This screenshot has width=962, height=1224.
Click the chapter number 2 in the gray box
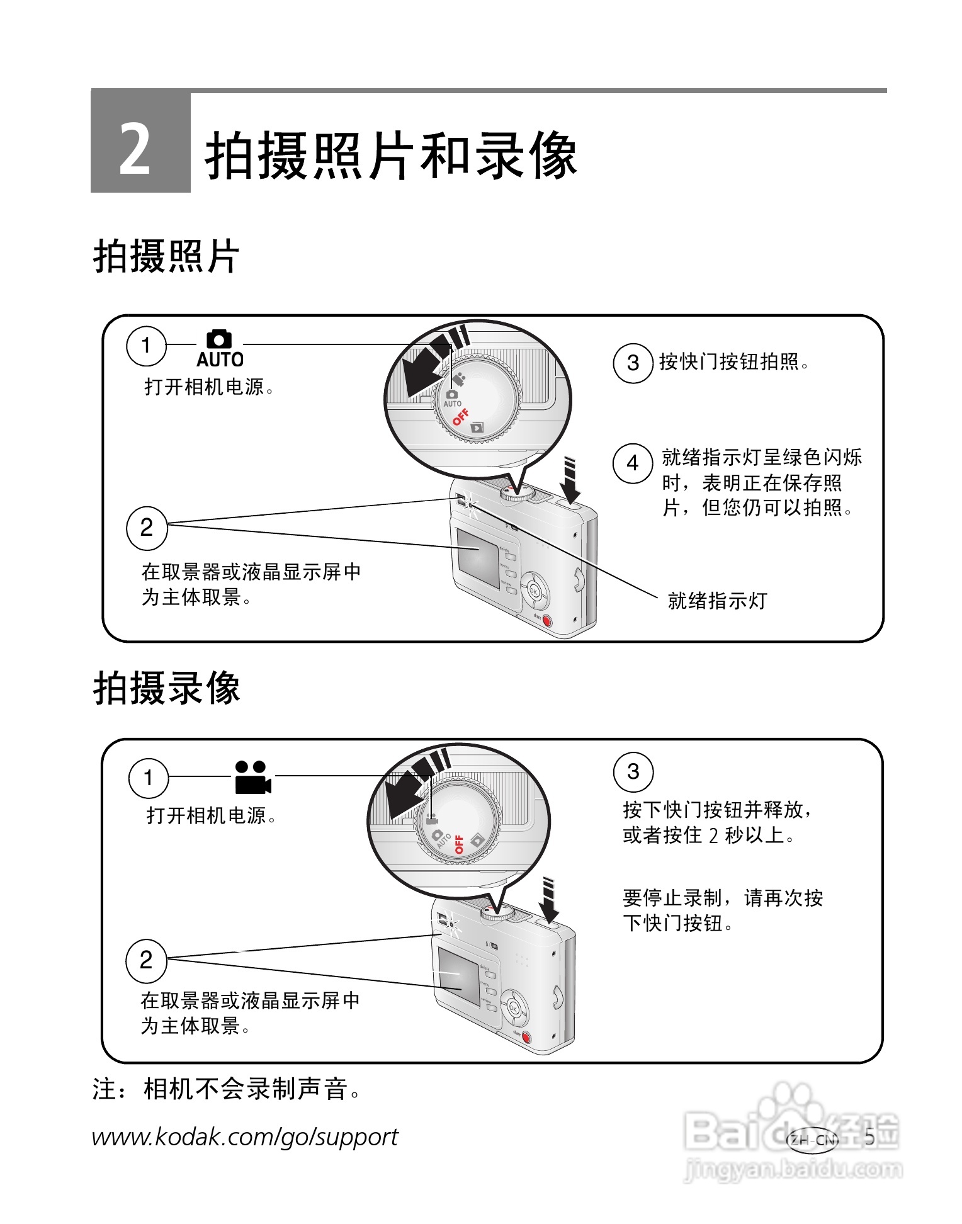pos(135,149)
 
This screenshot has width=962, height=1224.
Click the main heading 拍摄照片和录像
pos(390,156)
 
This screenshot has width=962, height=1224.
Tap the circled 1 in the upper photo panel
pos(146,345)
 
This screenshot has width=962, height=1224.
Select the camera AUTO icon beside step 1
pos(220,349)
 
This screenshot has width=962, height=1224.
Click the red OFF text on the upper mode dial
pos(461,417)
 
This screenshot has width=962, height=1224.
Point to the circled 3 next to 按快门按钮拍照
pos(633,363)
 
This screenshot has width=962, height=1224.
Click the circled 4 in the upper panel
pos(633,463)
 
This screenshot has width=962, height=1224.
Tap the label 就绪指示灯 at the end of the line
pos(717,601)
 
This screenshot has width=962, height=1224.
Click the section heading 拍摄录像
pos(167,688)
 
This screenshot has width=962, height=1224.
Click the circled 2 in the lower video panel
pos(146,960)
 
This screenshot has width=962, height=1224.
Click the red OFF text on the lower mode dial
pos(459,844)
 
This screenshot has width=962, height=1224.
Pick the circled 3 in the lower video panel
pos(633,772)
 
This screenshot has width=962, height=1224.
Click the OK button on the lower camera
pos(513,1009)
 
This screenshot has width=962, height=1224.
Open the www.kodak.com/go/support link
pos(245,1137)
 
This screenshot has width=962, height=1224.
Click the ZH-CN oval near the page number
pos(813,1140)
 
